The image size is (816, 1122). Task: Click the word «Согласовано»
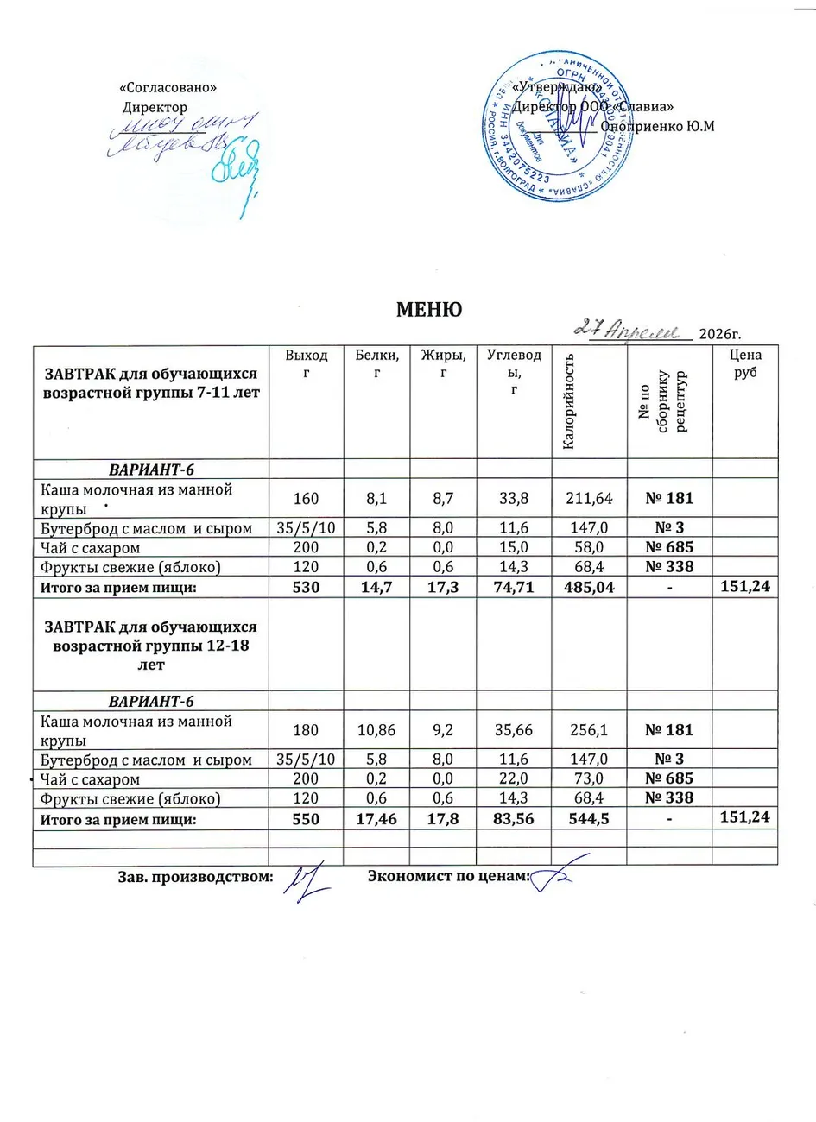tap(167, 88)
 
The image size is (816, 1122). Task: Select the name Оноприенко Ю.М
tap(657, 126)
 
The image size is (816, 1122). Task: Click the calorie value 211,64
tap(590, 498)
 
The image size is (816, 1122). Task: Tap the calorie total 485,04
tap(590, 587)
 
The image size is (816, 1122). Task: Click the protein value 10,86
tap(376, 729)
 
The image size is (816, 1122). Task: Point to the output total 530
tap(307, 587)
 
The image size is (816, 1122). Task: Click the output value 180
tap(307, 729)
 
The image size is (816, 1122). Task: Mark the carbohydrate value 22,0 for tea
tap(515, 779)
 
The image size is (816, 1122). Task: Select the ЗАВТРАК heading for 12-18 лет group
tap(151, 646)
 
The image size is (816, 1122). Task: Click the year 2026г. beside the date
tap(720, 334)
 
